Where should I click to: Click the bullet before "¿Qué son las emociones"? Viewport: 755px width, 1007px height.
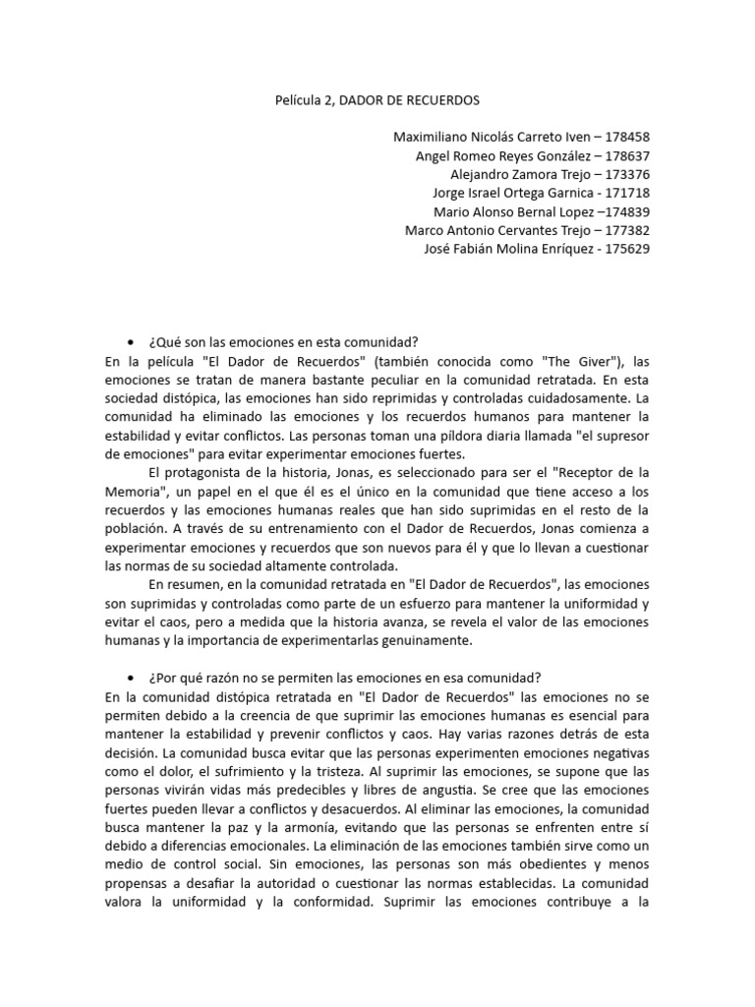[x=130, y=342]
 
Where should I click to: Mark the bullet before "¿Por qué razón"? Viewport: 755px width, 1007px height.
[x=130, y=679]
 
